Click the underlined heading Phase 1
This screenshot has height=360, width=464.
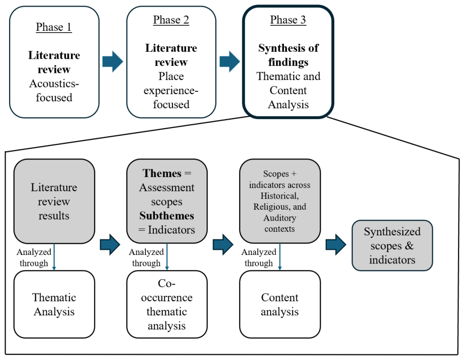(x=54, y=27)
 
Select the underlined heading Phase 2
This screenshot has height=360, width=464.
(x=171, y=20)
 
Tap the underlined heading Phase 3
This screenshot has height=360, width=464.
(x=288, y=20)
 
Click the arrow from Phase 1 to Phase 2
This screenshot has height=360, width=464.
(x=113, y=61)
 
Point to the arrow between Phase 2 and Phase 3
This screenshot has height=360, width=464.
(x=230, y=61)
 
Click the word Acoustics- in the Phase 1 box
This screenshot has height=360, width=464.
(x=54, y=83)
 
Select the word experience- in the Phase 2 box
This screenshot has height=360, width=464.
(x=171, y=91)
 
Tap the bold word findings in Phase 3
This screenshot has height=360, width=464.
(x=288, y=62)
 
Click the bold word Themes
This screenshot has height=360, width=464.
(x=162, y=173)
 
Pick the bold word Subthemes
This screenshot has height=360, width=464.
(x=166, y=216)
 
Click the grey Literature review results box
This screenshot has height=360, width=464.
(x=54, y=201)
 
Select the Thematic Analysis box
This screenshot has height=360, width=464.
(x=54, y=304)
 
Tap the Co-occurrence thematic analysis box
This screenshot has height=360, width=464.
(x=167, y=304)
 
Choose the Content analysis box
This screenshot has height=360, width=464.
(x=280, y=304)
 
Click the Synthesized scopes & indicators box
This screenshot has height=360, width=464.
(x=393, y=245)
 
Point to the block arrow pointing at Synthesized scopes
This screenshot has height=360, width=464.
(x=336, y=244)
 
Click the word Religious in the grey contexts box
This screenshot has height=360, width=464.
(x=268, y=207)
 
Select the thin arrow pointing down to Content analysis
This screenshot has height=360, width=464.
(x=280, y=257)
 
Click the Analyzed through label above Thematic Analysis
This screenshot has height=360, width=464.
(x=34, y=257)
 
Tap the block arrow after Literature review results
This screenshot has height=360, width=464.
(x=110, y=244)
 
